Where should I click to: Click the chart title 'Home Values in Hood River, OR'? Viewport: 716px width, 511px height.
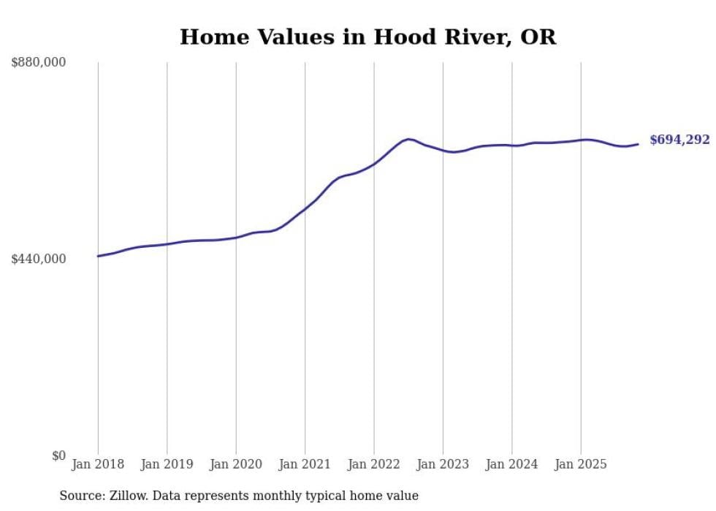[367, 37]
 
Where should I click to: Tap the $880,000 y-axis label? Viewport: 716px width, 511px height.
[39, 63]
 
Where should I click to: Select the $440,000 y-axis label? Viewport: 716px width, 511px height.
[39, 259]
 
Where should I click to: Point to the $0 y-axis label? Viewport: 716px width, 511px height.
[58, 455]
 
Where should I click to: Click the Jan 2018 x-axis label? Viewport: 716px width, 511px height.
[98, 464]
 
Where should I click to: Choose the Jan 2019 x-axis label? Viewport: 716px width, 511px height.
[167, 464]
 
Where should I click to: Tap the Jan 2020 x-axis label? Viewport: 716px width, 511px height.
[236, 464]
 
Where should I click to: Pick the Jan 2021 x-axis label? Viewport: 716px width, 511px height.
[305, 464]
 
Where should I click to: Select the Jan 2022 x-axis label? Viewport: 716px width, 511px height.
[374, 464]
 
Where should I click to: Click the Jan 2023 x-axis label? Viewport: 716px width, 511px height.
[443, 464]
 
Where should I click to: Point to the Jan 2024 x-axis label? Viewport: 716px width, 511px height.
[512, 464]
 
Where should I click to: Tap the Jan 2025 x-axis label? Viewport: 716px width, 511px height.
[581, 464]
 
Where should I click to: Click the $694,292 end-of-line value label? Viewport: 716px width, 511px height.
[679, 140]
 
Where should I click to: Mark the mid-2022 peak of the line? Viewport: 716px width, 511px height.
[408, 139]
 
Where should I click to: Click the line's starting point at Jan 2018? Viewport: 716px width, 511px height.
[98, 256]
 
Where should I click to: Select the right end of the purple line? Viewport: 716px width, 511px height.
[638, 144]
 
